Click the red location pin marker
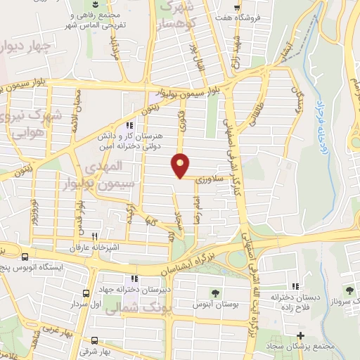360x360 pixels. click(x=181, y=165)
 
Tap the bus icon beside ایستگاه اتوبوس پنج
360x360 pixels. click(x=25, y=257)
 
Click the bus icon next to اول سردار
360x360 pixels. click(x=86, y=293)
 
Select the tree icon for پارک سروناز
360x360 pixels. click(x=349, y=290)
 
